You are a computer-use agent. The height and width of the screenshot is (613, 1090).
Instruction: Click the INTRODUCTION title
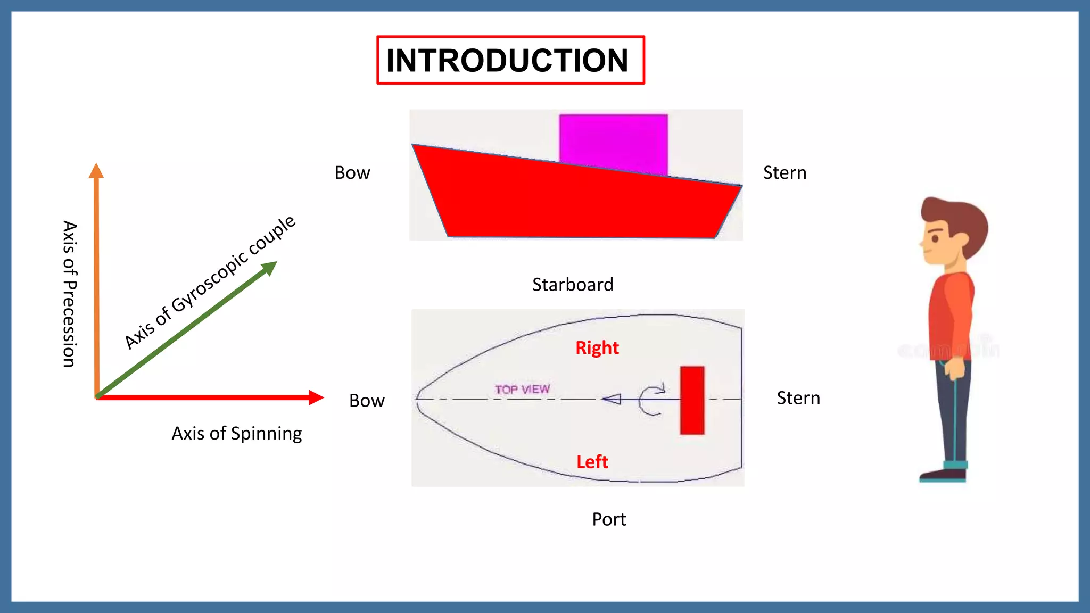(508, 60)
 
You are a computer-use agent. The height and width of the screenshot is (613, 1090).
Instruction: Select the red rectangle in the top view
(692, 400)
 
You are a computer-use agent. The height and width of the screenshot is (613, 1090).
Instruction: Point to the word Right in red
(597, 348)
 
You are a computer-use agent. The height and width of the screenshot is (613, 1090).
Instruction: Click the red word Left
(592, 462)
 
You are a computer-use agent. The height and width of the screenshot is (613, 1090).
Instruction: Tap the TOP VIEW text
(522, 390)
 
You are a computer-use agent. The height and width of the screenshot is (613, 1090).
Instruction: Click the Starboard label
(573, 285)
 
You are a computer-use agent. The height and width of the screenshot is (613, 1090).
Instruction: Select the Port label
(609, 519)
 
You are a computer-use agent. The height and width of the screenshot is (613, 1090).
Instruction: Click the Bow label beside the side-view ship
(352, 173)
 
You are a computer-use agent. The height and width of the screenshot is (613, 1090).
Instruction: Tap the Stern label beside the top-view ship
(798, 398)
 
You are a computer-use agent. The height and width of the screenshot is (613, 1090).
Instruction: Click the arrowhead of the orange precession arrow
(96, 171)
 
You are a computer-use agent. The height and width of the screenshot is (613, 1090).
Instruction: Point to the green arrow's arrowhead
(270, 267)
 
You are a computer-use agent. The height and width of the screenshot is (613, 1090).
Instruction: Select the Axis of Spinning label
(236, 434)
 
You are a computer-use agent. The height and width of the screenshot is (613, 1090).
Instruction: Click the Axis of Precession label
(70, 294)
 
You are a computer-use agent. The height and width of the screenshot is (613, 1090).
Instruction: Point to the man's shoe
(942, 474)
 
